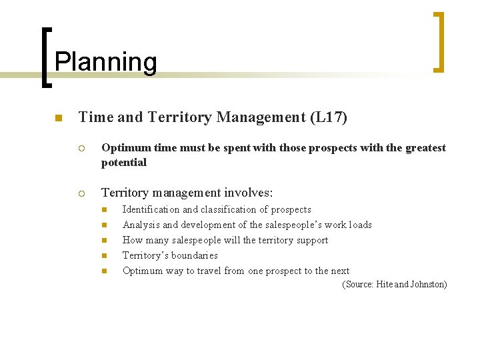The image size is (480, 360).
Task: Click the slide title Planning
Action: pyautogui.click(x=105, y=62)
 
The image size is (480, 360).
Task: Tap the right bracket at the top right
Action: pyautogui.click(x=438, y=41)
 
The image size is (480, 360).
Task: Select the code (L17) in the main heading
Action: pyautogui.click(x=329, y=117)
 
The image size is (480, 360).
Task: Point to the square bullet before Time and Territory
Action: pyautogui.click(x=58, y=119)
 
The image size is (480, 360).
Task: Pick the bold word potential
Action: pyautogui.click(x=124, y=162)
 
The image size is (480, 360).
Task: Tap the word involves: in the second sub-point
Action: pyautogui.click(x=249, y=193)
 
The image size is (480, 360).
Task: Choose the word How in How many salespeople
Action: pyautogui.click(x=133, y=240)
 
